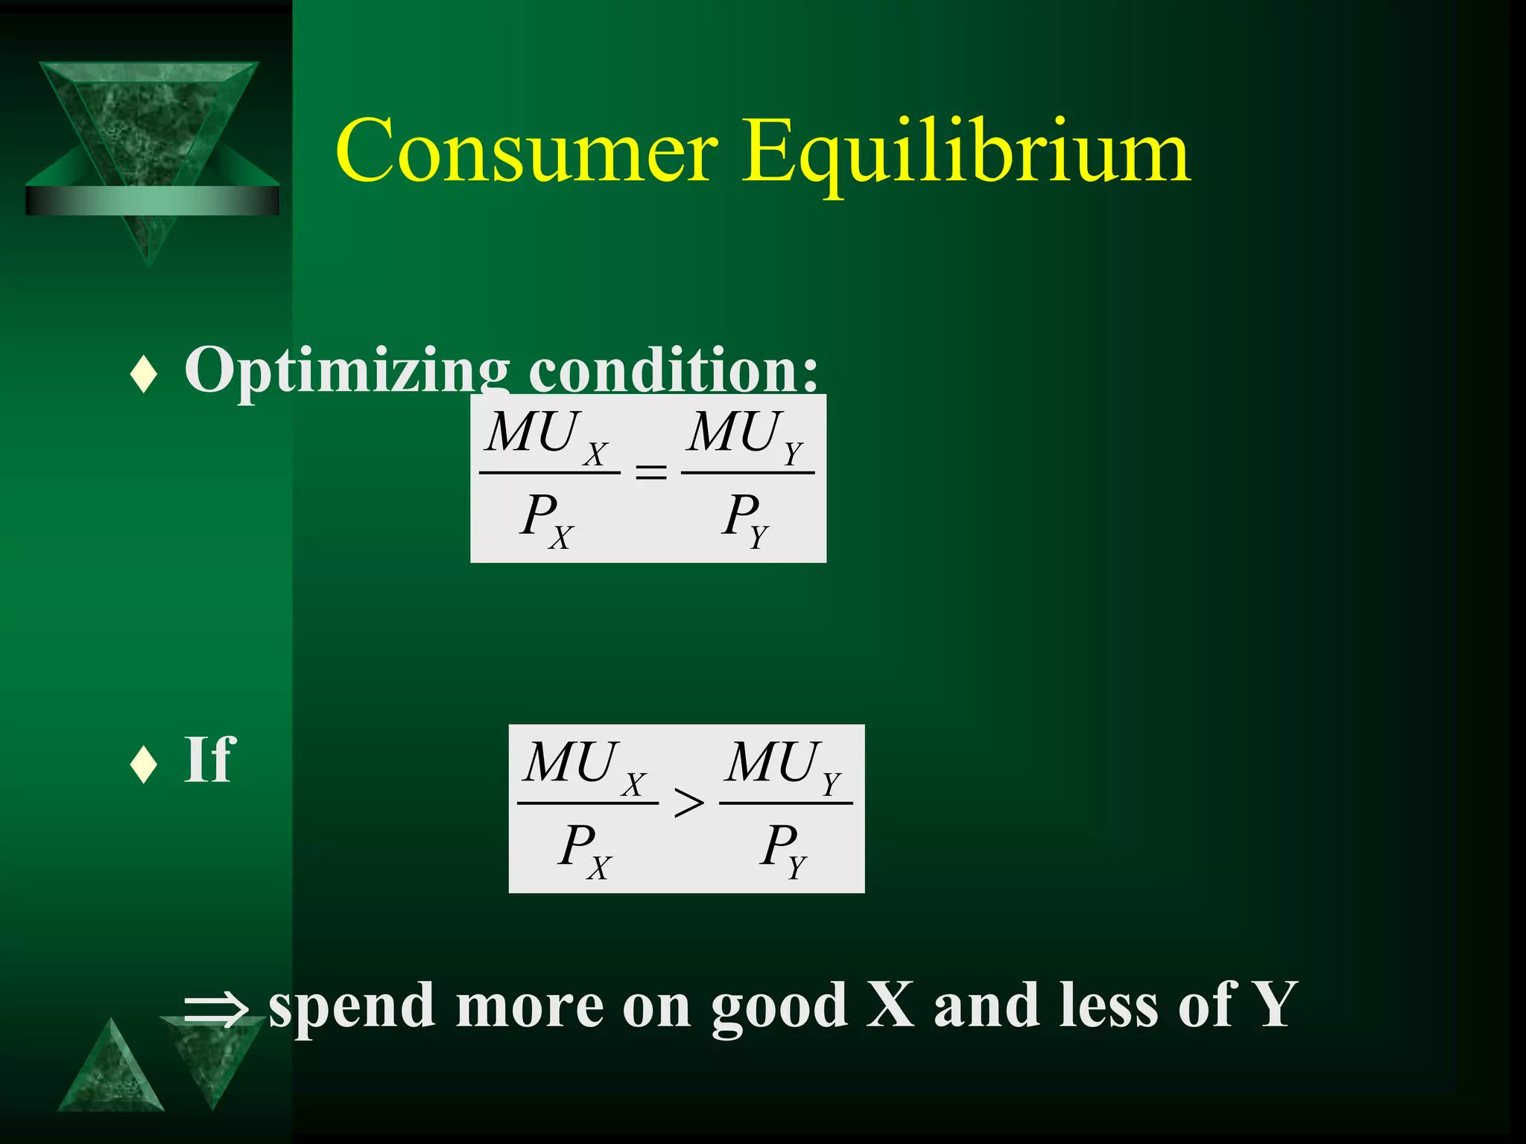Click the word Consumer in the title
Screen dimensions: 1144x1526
526,151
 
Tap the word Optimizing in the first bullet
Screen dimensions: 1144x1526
346,371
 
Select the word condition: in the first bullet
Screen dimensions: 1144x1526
673,369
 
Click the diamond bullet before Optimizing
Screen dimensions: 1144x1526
143,374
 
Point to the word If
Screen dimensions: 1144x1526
209,760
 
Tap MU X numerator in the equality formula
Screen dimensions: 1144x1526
546,436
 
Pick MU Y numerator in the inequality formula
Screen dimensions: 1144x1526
784,766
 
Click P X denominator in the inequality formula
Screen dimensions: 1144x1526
585,850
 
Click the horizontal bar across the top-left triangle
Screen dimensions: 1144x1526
152,200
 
